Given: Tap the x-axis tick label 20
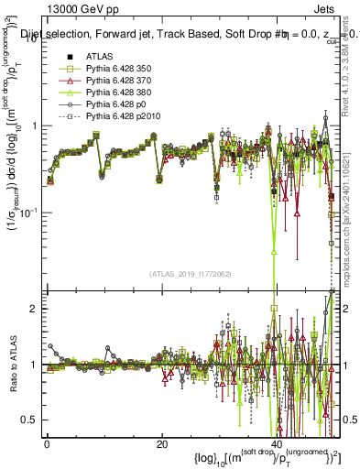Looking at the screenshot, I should (161, 443).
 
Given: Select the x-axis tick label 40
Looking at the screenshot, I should (277, 443).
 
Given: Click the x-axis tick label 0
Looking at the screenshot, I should (47, 443).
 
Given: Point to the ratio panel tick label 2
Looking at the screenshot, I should (33, 309).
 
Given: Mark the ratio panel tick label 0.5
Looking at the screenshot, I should (29, 420).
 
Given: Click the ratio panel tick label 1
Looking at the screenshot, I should (33, 365).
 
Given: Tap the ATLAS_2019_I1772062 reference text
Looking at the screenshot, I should (190, 274).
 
